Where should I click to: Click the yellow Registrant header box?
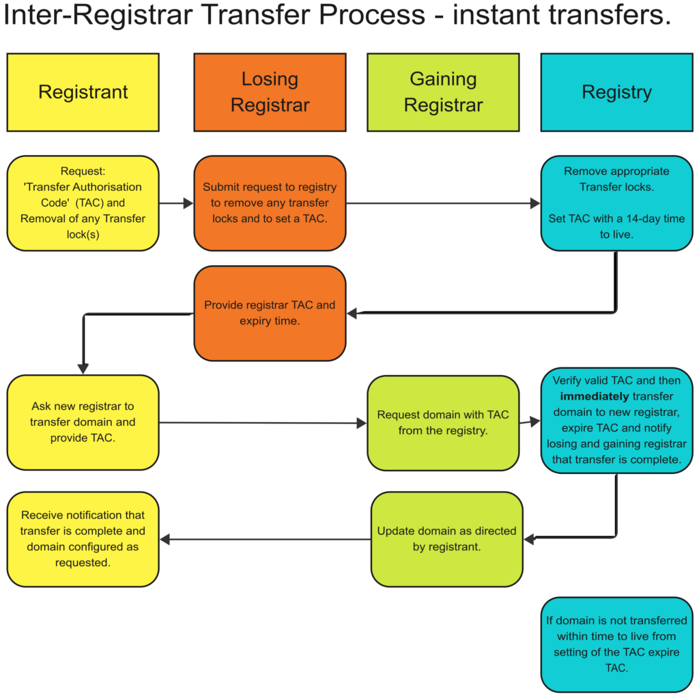coord(83,92)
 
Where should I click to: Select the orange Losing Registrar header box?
coord(270,92)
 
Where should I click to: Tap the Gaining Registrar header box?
coord(443,92)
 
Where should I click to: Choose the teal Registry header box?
coord(616,92)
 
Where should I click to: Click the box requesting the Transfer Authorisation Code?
coord(83,203)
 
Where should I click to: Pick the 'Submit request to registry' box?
coord(270,203)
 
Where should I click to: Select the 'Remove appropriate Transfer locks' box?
coord(616,203)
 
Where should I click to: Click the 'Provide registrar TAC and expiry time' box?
coord(270,313)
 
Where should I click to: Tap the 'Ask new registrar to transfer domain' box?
coord(83,422)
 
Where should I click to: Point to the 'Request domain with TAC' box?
coord(443,423)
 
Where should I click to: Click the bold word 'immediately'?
coord(595,396)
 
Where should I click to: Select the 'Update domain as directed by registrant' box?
coord(446,539)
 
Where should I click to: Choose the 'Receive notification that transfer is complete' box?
coord(83,539)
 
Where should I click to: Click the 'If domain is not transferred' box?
coord(616,645)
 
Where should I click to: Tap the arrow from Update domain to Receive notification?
coord(266,540)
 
